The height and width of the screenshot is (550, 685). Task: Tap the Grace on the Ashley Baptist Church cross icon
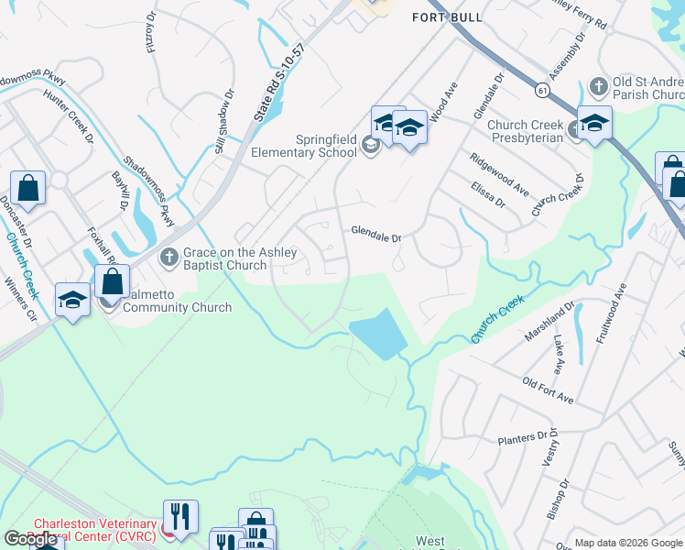click(169, 258)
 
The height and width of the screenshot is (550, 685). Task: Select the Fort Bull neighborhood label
click(447, 17)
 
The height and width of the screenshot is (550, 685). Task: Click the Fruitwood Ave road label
click(612, 312)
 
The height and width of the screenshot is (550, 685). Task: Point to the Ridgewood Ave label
click(499, 174)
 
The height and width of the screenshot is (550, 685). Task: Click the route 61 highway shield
click(543, 90)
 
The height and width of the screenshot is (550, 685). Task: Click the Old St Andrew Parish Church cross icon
click(599, 87)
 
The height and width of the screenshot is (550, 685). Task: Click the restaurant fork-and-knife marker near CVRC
click(180, 516)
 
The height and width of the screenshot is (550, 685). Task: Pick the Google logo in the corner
click(30, 539)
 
